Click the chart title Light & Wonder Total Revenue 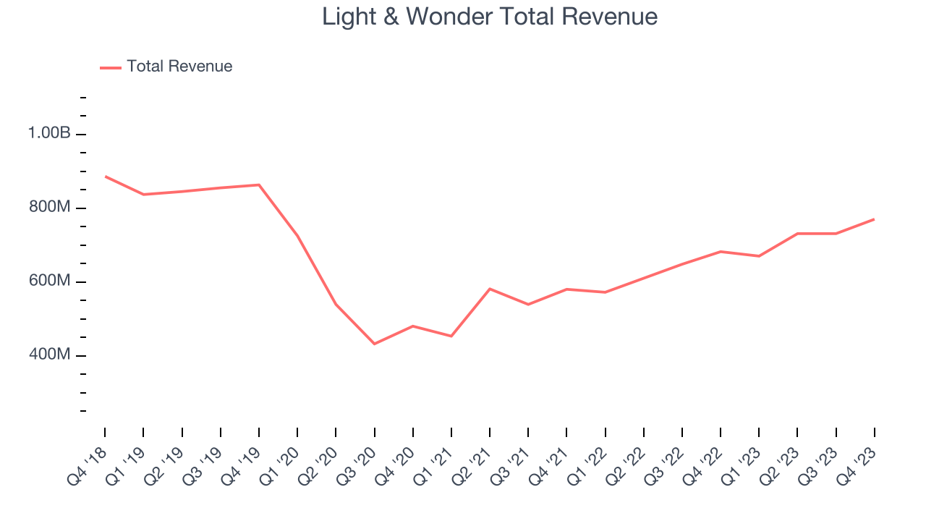[490, 17]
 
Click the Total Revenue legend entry [179, 67]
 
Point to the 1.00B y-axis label [49, 134]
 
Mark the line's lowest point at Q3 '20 [374, 344]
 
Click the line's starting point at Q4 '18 [105, 176]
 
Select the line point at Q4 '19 [259, 185]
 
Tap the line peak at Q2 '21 [490, 289]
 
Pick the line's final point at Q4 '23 [875, 219]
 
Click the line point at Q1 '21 [451, 336]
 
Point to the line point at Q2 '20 [336, 304]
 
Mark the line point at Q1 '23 [759, 256]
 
